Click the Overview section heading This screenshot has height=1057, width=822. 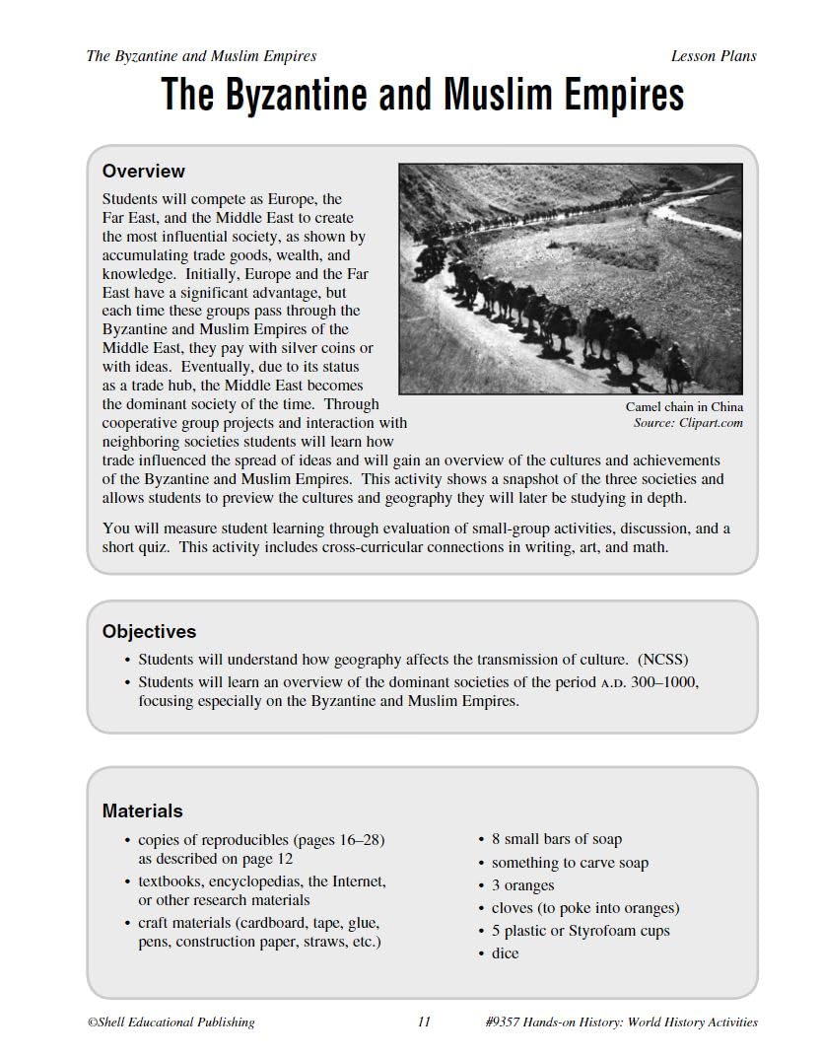[143, 172]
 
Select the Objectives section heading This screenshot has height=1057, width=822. [149, 631]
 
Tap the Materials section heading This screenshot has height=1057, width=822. [142, 810]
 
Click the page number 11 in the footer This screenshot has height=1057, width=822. [424, 1022]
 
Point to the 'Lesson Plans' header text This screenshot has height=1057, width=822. [713, 56]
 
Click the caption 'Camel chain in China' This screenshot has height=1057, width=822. [683, 406]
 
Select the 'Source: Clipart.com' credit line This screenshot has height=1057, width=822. [688, 423]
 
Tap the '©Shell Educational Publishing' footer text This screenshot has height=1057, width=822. [171, 1022]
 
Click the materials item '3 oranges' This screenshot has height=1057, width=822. [522, 885]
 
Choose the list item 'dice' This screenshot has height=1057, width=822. [505, 953]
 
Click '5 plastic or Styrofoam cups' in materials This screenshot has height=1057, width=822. [580, 931]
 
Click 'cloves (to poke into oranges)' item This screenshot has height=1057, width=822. [584, 908]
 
